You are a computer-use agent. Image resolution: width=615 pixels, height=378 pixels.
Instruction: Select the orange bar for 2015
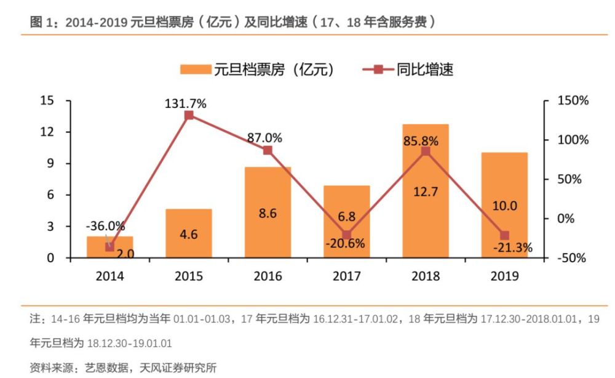(189, 234)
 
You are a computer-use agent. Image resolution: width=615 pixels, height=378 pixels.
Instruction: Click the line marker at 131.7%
(189, 115)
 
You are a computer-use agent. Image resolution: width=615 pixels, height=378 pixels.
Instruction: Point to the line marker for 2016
(268, 150)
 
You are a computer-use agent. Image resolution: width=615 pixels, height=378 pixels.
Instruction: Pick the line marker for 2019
(505, 235)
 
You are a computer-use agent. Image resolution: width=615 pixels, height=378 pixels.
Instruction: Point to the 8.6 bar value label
(268, 214)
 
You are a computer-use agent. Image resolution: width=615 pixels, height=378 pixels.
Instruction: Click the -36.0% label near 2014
(105, 226)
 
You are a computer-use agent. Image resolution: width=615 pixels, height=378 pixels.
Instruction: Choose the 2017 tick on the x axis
(347, 276)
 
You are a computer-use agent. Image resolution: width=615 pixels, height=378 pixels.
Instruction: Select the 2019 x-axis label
(505, 276)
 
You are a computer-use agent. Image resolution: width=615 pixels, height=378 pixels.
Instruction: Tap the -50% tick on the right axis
(572, 258)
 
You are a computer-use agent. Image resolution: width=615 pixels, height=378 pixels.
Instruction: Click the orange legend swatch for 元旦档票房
(195, 70)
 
